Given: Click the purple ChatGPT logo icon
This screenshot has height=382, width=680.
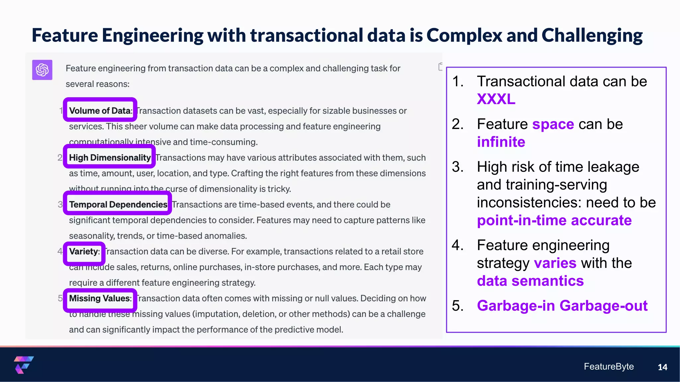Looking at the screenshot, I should pyautogui.click(x=42, y=70).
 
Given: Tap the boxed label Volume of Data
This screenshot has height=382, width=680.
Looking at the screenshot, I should pyautogui.click(x=100, y=110).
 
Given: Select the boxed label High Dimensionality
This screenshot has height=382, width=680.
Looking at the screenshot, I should pyautogui.click(x=110, y=157).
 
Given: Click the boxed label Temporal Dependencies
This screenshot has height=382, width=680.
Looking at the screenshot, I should pyautogui.click(x=118, y=204).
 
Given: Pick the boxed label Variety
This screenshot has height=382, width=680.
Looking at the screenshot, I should pyautogui.click(x=84, y=251).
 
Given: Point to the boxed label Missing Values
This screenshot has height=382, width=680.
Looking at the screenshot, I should pyautogui.click(x=100, y=298).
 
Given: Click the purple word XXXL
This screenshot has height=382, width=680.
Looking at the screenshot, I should pyautogui.click(x=496, y=99).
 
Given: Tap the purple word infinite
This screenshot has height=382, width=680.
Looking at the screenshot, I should pyautogui.click(x=501, y=142).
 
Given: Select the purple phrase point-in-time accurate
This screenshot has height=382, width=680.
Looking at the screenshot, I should pyautogui.click(x=554, y=221).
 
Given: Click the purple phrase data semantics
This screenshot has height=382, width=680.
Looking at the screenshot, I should pyautogui.click(x=530, y=281).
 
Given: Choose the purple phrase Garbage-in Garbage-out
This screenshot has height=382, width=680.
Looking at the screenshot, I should pyautogui.click(x=562, y=306).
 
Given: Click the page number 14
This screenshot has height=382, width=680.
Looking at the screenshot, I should pyautogui.click(x=662, y=367).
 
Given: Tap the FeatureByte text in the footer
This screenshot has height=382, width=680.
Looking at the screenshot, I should pyautogui.click(x=609, y=366).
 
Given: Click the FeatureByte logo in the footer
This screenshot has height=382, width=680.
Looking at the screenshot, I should pyautogui.click(x=24, y=364).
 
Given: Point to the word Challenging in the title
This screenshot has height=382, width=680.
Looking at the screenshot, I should pyautogui.click(x=592, y=35).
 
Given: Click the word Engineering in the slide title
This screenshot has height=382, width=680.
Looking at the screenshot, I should pyautogui.click(x=152, y=35).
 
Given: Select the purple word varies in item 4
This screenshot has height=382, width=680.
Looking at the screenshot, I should pyautogui.click(x=555, y=263).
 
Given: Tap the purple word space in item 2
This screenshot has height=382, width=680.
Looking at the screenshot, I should pyautogui.click(x=553, y=124).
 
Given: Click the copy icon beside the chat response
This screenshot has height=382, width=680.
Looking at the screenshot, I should pyautogui.click(x=440, y=67).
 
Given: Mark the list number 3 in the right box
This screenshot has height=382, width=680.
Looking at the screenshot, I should pyautogui.click(x=458, y=167).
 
